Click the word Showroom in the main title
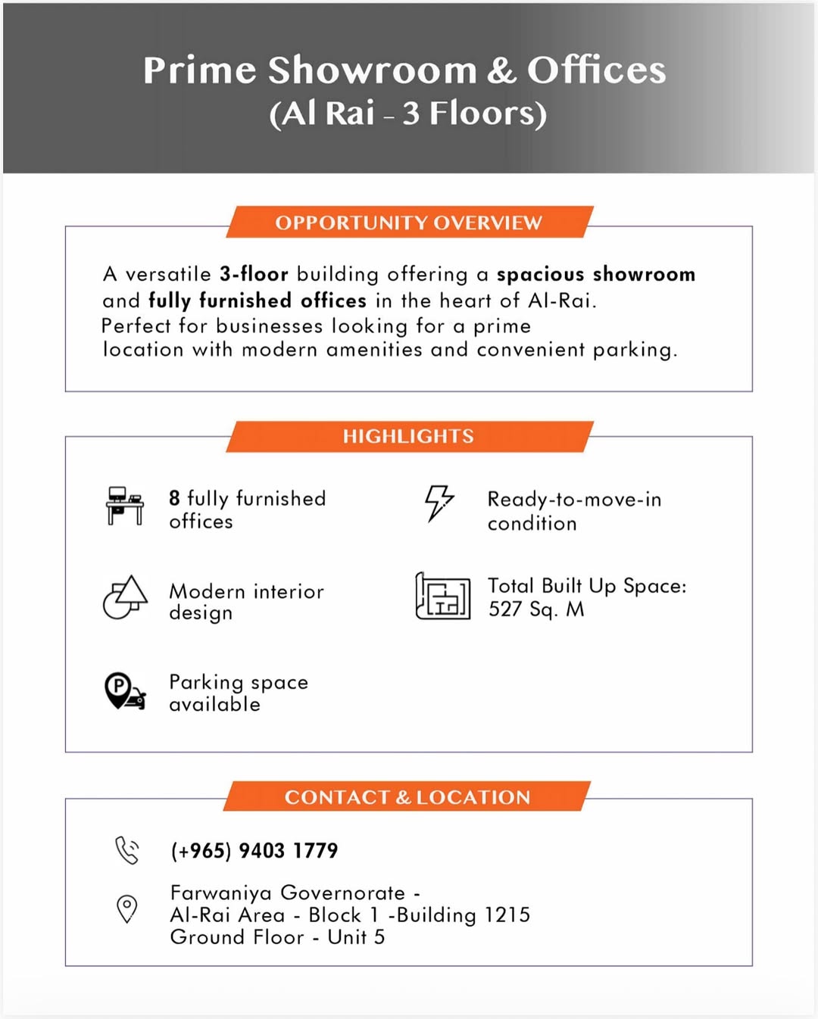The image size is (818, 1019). [372, 70]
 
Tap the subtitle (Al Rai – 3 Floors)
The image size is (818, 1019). [407, 114]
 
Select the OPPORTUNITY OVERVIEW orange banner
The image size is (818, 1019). [409, 223]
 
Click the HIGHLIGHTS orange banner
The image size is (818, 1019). [409, 436]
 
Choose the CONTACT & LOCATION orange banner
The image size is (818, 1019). [407, 797]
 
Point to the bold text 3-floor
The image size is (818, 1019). [254, 274]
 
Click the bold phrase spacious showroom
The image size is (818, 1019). [595, 274]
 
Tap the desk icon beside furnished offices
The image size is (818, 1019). [125, 506]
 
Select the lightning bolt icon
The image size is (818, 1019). [439, 503]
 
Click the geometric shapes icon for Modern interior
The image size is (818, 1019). [126, 597]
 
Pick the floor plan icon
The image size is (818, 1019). [443, 596]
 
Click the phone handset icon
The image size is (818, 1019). [127, 850]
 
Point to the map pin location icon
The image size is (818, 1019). [127, 908]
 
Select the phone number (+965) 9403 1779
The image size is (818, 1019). [254, 851]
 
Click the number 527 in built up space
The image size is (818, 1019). [505, 609]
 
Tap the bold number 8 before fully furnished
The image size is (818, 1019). [174, 498]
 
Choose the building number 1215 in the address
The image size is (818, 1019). [507, 915]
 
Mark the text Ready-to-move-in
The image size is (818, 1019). [574, 500]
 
